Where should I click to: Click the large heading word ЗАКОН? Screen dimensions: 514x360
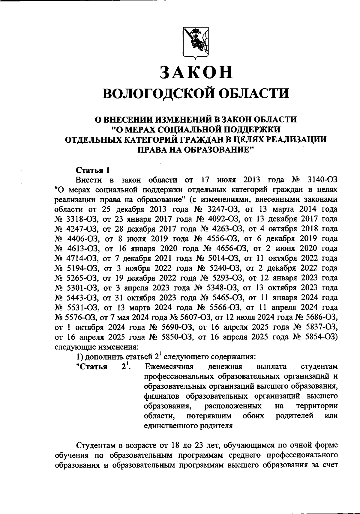(196, 73)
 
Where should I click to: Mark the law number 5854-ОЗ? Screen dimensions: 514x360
(322, 337)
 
